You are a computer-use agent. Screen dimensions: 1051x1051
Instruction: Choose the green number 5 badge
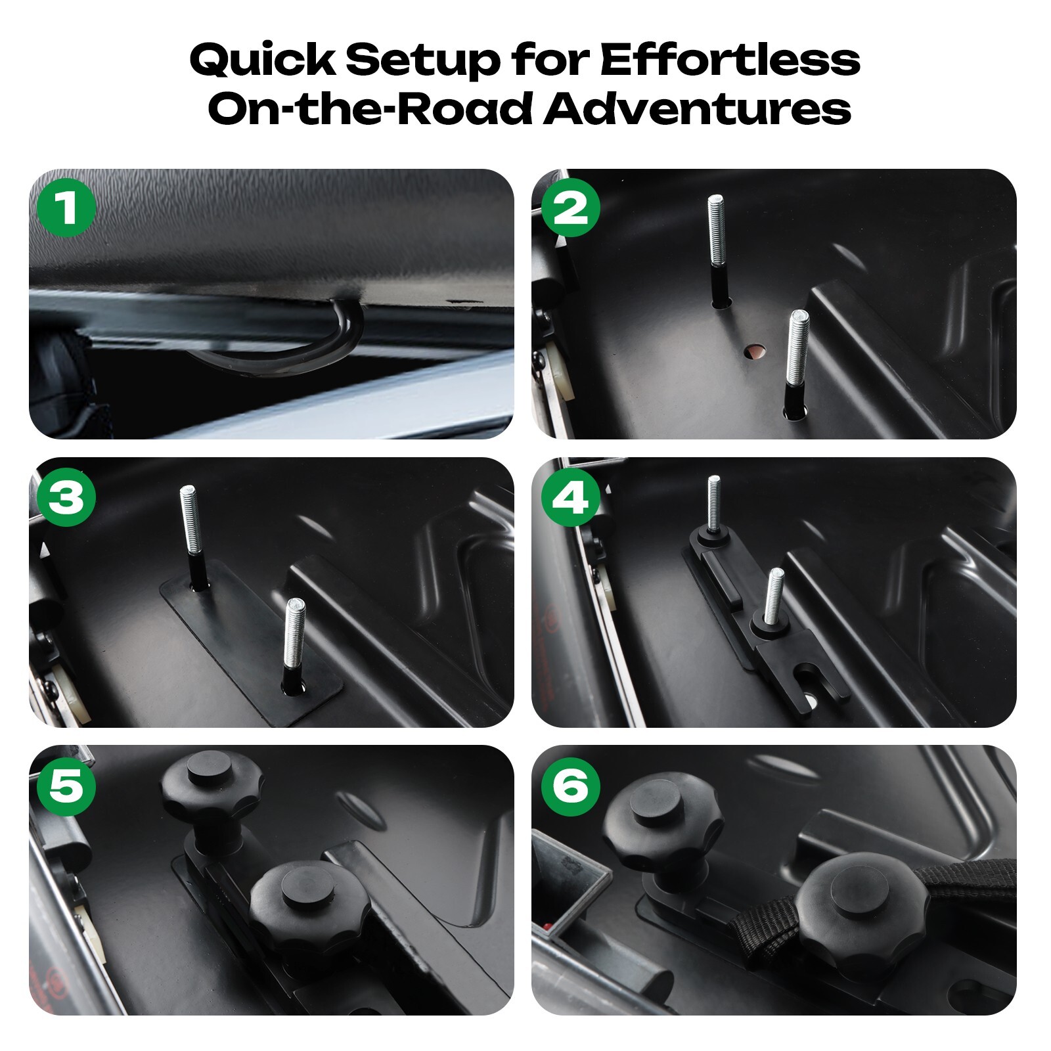point(66,786)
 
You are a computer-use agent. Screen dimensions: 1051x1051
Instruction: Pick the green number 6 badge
point(570,786)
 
